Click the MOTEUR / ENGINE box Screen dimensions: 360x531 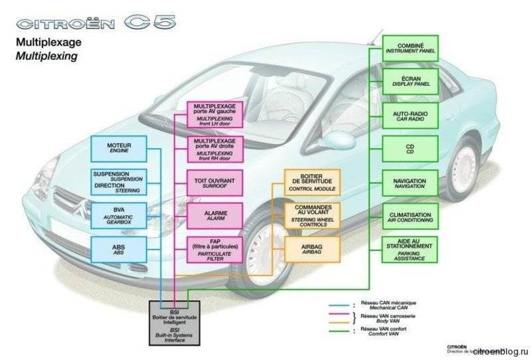pos(119,147)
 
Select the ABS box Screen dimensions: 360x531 pos(119,249)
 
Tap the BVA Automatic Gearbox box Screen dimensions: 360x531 pos(119,215)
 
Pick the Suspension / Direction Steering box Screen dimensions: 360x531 pos(119,181)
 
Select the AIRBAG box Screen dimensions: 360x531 pos(312,248)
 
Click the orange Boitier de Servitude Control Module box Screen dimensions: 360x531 pos(312,181)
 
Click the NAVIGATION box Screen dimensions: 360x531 pos(410,182)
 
